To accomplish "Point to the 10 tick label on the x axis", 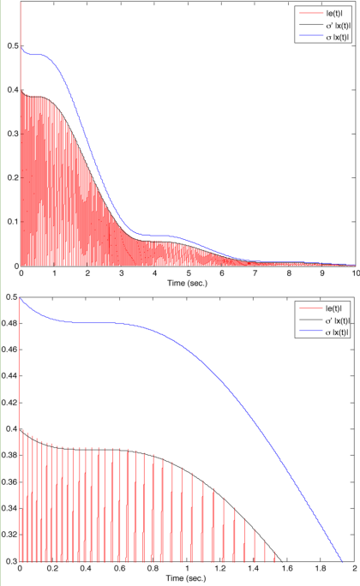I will [352, 274].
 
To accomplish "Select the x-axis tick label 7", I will [254, 274].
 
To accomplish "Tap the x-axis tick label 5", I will [188, 274].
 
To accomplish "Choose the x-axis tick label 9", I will [321, 274].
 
